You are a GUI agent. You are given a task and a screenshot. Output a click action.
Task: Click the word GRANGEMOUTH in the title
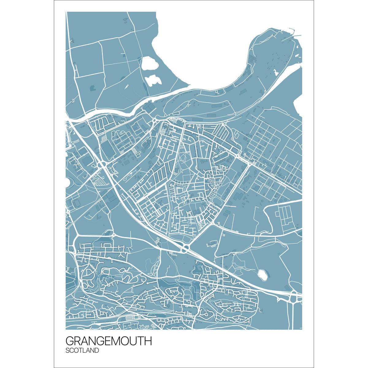(109, 341)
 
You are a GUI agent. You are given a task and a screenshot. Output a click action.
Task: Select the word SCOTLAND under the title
(82, 351)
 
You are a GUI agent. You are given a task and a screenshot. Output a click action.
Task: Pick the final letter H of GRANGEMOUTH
(148, 341)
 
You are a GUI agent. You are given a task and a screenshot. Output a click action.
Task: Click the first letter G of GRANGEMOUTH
(70, 341)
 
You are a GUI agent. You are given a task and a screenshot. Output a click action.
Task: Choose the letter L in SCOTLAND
(85, 351)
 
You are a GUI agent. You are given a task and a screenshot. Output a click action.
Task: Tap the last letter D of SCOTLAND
(97, 351)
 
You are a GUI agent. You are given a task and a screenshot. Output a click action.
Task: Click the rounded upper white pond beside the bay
(150, 64)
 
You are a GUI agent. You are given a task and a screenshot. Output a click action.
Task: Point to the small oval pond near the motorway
(263, 274)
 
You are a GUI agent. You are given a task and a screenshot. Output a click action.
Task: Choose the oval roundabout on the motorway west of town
(102, 165)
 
